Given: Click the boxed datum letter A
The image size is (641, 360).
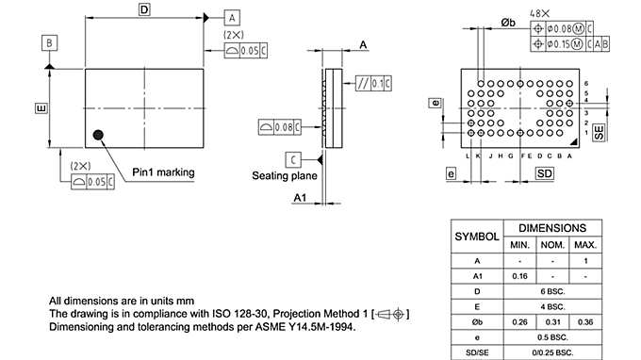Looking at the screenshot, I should click(x=232, y=18).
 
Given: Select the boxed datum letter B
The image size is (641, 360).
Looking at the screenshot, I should click(x=49, y=41).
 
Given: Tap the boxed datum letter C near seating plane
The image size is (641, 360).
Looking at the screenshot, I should click(x=294, y=157).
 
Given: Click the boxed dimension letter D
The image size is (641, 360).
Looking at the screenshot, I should click(x=144, y=9).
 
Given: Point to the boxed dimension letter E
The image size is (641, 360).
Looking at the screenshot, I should click(x=41, y=109).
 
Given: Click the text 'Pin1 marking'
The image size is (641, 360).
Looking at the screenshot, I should click(x=163, y=172).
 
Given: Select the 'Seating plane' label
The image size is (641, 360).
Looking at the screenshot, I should click(x=284, y=175).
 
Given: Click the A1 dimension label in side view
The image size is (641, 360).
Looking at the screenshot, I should click(x=299, y=198).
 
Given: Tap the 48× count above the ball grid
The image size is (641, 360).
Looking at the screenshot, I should click(x=539, y=14).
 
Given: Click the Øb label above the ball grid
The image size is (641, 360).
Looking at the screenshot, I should click(x=507, y=23).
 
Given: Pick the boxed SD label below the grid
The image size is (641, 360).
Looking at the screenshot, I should click(x=545, y=174).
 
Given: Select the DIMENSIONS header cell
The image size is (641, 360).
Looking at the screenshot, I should click(x=553, y=228).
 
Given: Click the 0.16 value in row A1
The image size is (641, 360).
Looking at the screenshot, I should click(x=519, y=276).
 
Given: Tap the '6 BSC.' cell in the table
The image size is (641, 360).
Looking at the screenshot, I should click(x=553, y=292).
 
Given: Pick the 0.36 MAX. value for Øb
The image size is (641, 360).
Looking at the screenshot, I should click(x=586, y=322).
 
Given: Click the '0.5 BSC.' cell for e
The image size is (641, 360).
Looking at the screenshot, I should click(x=553, y=337).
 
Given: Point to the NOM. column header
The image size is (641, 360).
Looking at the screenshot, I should click(x=553, y=245).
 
